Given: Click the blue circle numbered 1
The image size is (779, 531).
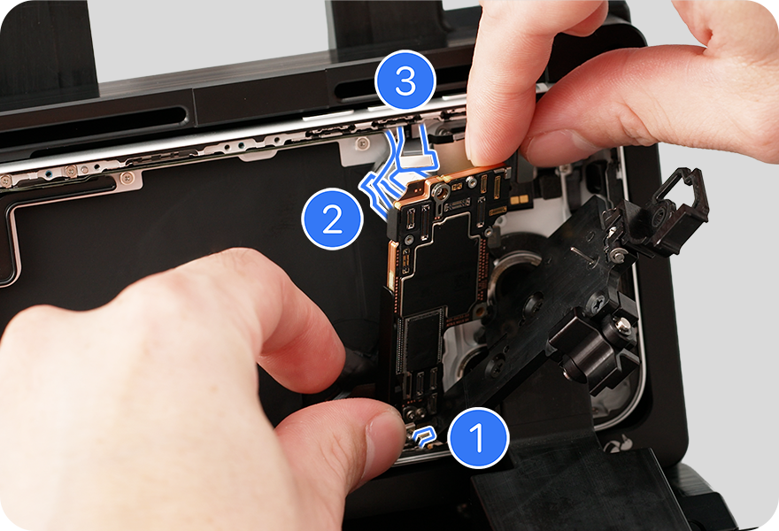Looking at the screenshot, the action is (478, 437).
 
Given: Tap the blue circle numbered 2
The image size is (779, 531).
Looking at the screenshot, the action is (332, 219).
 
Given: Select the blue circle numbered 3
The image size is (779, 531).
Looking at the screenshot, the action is (405, 81).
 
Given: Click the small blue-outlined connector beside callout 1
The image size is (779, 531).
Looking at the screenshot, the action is (423, 436).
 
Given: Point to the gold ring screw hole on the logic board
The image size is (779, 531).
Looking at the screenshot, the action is (439, 191).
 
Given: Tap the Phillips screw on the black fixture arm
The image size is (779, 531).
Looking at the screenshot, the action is (597, 302).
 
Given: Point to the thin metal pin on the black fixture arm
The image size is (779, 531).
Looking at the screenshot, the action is (582, 254).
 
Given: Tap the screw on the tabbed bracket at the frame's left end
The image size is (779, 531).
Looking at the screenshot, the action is (127, 176).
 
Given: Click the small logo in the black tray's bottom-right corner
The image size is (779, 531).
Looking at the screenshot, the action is (618, 443).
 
